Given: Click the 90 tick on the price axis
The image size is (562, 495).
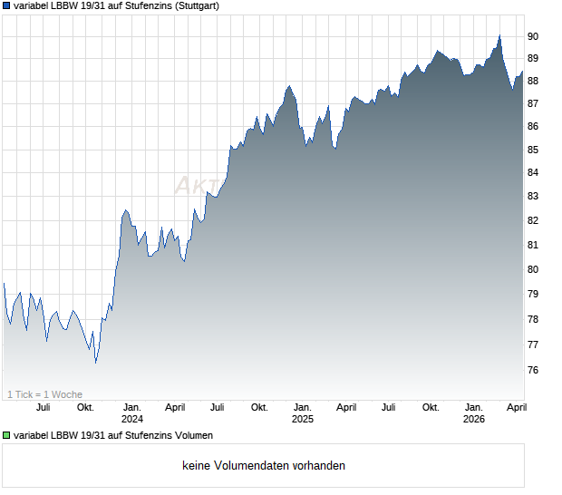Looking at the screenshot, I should coord(533,36).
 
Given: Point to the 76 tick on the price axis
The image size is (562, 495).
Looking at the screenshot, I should coord(533,370).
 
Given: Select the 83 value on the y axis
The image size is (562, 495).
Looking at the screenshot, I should coord(533,196).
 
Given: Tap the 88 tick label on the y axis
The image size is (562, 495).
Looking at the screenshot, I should coord(533,81).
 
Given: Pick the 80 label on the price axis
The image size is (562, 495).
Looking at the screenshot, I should coord(533,269).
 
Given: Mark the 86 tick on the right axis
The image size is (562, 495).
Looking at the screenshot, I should coord(533,127).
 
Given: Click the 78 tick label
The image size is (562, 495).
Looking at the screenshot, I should coord(533,319).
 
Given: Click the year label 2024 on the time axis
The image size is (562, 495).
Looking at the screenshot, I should coord(132,419).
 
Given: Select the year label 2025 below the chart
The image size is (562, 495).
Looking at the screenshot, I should coord(303,419).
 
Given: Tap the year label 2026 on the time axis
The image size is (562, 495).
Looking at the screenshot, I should coord(473,419).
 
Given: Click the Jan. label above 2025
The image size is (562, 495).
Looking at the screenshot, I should coord(303,407).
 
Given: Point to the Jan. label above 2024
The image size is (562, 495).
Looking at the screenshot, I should coord(132,407).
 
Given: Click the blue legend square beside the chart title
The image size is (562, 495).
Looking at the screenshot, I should coord(7,5).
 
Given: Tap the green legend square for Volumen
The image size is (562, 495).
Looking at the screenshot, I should coord(7,436).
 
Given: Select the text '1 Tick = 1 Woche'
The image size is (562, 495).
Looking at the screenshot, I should coord(44,394).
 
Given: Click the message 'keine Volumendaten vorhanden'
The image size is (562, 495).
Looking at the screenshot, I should coord(264,466).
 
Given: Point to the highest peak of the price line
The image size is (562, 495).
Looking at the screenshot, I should coord(499,35).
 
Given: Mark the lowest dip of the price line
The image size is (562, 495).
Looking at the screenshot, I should coord(95,363).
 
